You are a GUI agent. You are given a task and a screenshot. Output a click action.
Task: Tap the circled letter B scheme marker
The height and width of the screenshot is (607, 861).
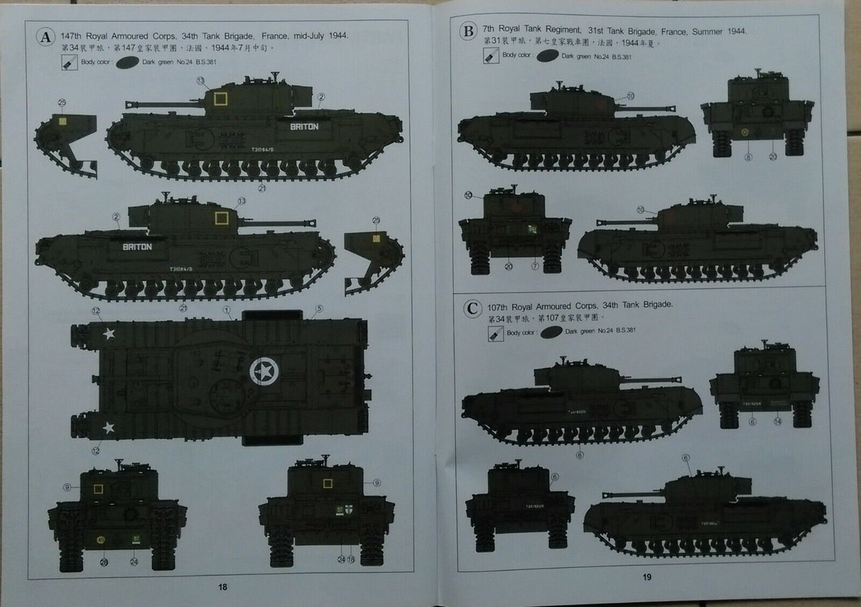coord(469,31)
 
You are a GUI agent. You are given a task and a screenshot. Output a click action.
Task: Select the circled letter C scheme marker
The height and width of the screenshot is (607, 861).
coord(471,309)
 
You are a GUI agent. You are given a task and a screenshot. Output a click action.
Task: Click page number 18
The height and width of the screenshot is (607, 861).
coord(222,586)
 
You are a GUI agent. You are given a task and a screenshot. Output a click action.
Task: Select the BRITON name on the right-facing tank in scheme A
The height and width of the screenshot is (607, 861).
coord(137,246)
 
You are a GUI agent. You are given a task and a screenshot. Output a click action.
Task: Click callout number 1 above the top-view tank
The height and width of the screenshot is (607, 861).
coord(227,311)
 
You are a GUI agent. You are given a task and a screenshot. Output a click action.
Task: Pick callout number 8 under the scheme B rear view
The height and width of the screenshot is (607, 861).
coord(748,156)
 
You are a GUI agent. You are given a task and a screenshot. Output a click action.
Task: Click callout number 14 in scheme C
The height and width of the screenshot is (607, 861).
coord(778,421)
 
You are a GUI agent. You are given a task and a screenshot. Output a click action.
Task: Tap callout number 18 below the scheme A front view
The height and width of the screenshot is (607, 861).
coord(352,560)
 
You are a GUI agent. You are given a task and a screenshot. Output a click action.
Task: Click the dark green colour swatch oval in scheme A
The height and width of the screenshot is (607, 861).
coord(126,62)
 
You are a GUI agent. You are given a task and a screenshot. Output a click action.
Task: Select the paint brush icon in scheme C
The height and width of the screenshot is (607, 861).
coord(494,333)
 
